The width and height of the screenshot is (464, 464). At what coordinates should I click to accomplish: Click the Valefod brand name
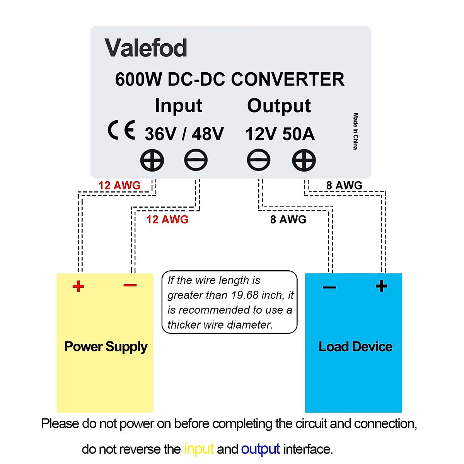[x=146, y=48]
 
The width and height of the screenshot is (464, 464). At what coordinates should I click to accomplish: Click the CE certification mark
[x=121, y=130]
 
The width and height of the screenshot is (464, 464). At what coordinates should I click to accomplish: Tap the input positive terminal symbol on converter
[x=152, y=160]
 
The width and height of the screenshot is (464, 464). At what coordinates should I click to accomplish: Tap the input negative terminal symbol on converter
[x=196, y=160]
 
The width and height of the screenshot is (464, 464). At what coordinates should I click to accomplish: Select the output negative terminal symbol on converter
[x=259, y=160]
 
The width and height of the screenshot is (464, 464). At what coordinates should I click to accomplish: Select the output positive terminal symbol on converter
[x=304, y=160]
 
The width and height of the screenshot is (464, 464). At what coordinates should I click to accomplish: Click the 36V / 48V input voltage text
[x=184, y=134]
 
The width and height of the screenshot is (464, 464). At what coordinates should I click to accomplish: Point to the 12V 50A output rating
[x=280, y=134]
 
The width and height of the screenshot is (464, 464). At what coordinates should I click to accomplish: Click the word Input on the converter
[x=178, y=106]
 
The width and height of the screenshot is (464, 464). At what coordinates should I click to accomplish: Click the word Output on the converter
[x=279, y=106]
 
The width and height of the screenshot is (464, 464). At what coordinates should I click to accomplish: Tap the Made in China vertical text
[x=355, y=131]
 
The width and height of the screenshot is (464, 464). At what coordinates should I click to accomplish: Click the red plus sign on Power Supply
[x=78, y=287]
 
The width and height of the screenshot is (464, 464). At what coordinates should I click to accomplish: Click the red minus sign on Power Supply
[x=130, y=286]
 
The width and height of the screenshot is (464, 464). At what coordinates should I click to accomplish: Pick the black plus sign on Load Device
[x=381, y=287]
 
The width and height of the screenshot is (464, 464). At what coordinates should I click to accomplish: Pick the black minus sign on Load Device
[x=329, y=287]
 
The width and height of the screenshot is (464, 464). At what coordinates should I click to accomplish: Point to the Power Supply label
[x=106, y=346]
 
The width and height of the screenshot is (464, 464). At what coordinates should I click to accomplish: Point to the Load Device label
[x=355, y=346]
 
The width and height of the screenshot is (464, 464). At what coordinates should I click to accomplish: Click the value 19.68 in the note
[x=245, y=295]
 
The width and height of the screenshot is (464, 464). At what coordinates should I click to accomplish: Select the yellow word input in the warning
[x=199, y=449]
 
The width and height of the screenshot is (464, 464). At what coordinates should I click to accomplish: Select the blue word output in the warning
[x=260, y=449]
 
